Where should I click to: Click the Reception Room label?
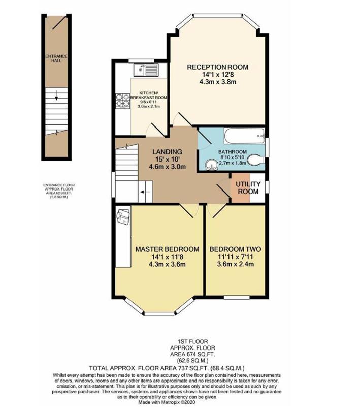(217, 67)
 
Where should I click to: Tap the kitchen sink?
(146, 70)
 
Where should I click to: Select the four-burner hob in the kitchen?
(123, 101)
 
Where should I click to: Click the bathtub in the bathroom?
(244, 136)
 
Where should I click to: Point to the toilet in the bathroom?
(256, 160)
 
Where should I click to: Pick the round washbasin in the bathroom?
(211, 165)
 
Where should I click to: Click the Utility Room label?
(248, 187)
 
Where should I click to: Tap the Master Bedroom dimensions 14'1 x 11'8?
(167, 257)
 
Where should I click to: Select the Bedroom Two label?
(235, 249)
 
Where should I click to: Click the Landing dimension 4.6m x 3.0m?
(167, 167)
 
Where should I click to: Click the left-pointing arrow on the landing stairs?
(145, 192)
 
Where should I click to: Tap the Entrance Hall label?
(56, 58)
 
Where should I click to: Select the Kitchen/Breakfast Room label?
(149, 96)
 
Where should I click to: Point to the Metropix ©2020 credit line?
(167, 402)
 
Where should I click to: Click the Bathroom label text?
(233, 152)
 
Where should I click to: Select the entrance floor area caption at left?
(59, 191)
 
